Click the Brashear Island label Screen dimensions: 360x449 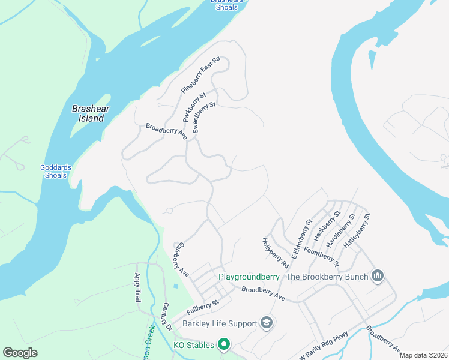[x=88, y=113]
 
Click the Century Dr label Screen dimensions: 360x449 [x=167, y=317]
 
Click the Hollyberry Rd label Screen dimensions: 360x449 [x=275, y=253]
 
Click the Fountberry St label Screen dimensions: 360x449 [x=322, y=256]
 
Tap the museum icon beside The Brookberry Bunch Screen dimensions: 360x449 [x=378, y=276]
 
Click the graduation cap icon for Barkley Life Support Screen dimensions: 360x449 [x=267, y=324]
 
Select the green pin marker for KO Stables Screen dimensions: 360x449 [x=224, y=344]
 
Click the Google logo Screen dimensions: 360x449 [x=20, y=353]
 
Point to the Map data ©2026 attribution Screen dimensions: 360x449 [x=423, y=355]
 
